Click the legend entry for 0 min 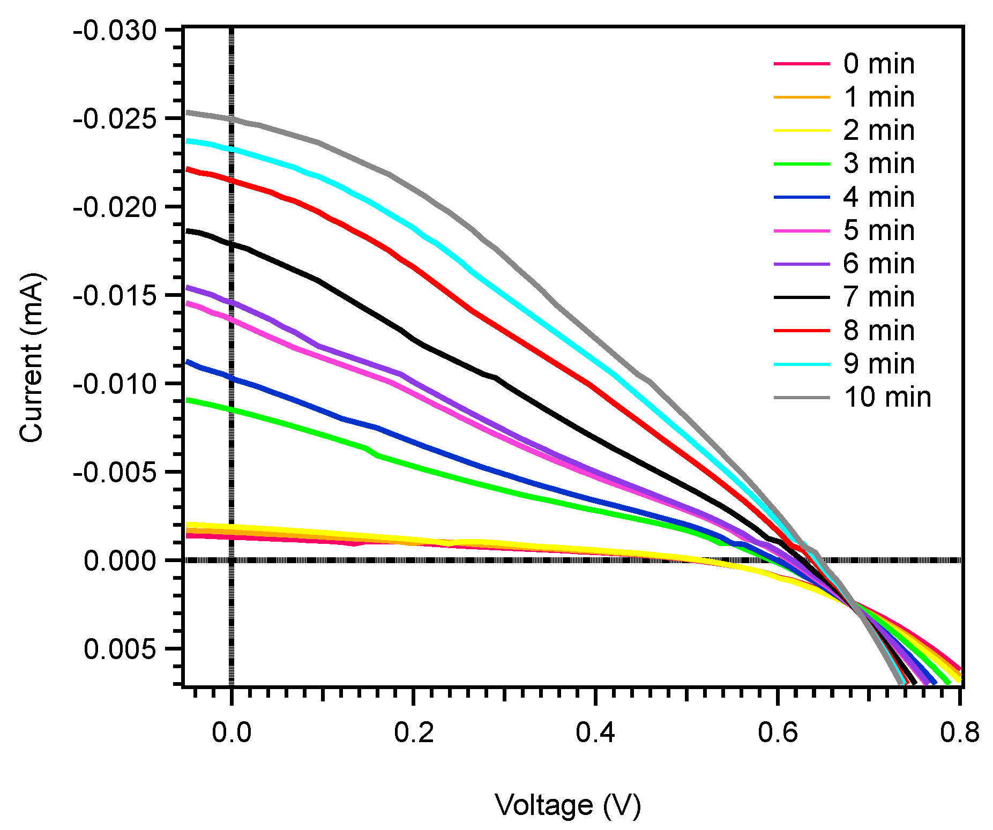coord(878,64)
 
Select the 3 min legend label coord(878,163)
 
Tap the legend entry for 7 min coord(878,297)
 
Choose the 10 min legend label coord(887,397)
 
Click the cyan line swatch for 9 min coord(802,364)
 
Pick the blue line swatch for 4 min coord(802,197)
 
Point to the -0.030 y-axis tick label coord(115,30)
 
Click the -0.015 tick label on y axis coord(115,295)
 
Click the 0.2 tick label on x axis coord(414,732)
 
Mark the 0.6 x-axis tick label coord(778,732)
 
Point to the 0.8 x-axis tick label coord(959,732)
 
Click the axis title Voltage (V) coord(568,805)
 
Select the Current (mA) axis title coord(31,357)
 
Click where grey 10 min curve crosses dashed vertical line coord(232,118)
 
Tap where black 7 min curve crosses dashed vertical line coord(232,244)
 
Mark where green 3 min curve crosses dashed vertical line coord(232,410)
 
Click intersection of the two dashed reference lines coord(232,560)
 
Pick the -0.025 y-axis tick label coord(115,118)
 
